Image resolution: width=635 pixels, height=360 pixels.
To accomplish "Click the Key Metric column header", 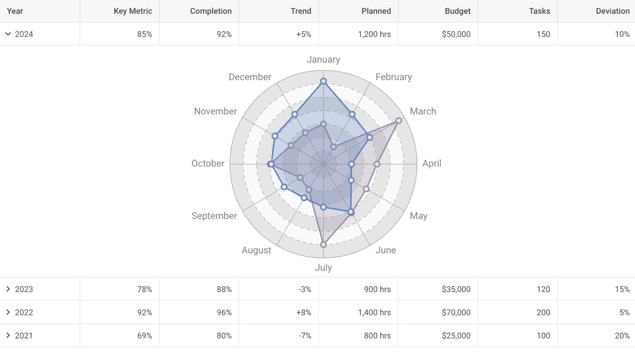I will pos(132,11).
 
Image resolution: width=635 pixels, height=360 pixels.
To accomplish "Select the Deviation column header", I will pos(612,11).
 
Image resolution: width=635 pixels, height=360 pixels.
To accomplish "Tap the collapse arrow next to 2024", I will pos(8,34).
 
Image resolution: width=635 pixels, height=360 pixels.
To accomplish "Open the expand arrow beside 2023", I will pos(8,289).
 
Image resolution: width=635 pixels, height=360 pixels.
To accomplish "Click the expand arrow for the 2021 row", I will pos(8,336).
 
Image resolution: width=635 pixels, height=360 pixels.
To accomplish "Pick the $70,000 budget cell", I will pos(456,312).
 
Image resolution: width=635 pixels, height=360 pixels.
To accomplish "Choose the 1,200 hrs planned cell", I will pos(374,34).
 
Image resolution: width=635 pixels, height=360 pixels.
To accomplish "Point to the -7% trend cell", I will pos(305,336).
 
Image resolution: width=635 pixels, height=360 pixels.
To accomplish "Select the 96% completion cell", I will pos(224,312).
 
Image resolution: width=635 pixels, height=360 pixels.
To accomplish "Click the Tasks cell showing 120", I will pos(543,289).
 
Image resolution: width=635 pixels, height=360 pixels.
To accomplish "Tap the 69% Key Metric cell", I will pos(144,336).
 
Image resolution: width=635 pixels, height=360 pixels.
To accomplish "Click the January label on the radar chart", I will pos(323,60).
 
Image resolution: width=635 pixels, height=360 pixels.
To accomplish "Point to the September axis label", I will pos(214,216).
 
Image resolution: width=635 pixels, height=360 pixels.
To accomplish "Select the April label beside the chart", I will pos(431,164).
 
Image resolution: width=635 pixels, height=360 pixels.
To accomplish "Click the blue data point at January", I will pos(323,81).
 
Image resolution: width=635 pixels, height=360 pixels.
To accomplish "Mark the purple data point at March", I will pos(399,120).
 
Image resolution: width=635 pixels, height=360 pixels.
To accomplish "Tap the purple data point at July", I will pos(323,244).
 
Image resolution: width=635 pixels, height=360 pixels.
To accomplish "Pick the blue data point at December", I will pos(295,115).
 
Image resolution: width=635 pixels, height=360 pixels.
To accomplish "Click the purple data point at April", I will pos(377,164).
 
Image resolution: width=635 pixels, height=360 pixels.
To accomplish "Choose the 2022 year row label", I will pos(24,312).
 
